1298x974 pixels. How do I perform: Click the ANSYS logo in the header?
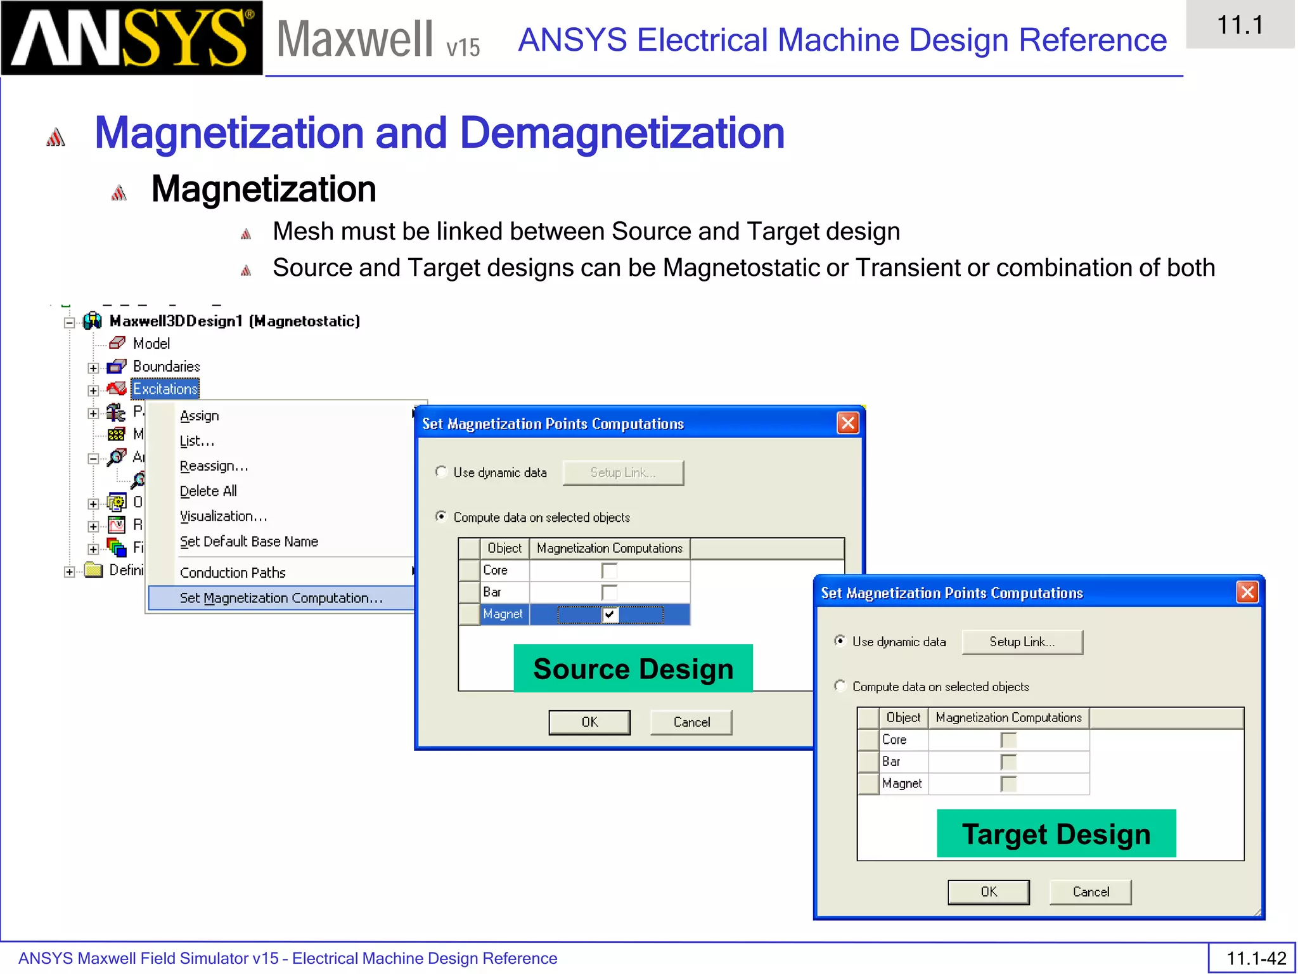pos(132,38)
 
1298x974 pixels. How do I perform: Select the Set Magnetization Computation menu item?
pos(281,598)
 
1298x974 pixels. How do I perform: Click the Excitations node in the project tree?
pos(165,389)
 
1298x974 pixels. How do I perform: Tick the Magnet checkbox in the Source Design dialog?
pos(610,614)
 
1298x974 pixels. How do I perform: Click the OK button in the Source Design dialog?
pos(589,722)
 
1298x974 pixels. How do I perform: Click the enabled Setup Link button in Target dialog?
pos(1022,642)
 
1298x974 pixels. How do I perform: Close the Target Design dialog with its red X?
pos(1247,592)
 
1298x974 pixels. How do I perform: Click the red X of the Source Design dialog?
pos(848,423)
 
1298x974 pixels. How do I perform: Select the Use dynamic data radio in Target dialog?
pos(840,641)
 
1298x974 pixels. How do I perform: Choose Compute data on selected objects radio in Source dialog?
pos(441,517)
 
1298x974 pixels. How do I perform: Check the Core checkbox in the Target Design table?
pos(1008,740)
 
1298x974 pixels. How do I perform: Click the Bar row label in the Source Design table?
pos(492,592)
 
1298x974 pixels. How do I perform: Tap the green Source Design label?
pos(633,668)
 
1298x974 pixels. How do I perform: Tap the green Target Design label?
pos(1056,834)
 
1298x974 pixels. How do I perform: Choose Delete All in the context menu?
pos(209,491)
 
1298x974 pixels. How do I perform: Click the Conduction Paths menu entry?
pos(233,573)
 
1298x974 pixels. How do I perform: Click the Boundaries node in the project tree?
pos(166,367)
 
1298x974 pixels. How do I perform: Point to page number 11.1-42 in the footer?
pos(1256,958)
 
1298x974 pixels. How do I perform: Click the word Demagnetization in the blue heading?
pos(622,133)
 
